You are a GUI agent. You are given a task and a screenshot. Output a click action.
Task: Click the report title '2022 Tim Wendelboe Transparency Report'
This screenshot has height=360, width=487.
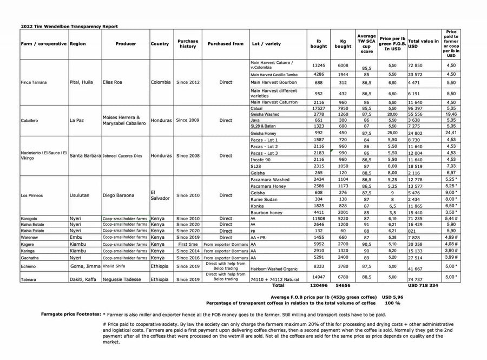(69, 26)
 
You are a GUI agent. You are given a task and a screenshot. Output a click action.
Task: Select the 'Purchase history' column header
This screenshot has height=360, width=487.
(188, 44)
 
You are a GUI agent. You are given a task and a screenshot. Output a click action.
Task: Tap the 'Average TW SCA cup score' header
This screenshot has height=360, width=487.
(366, 44)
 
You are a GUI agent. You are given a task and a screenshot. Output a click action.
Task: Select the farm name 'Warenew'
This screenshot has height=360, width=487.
(31, 237)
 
